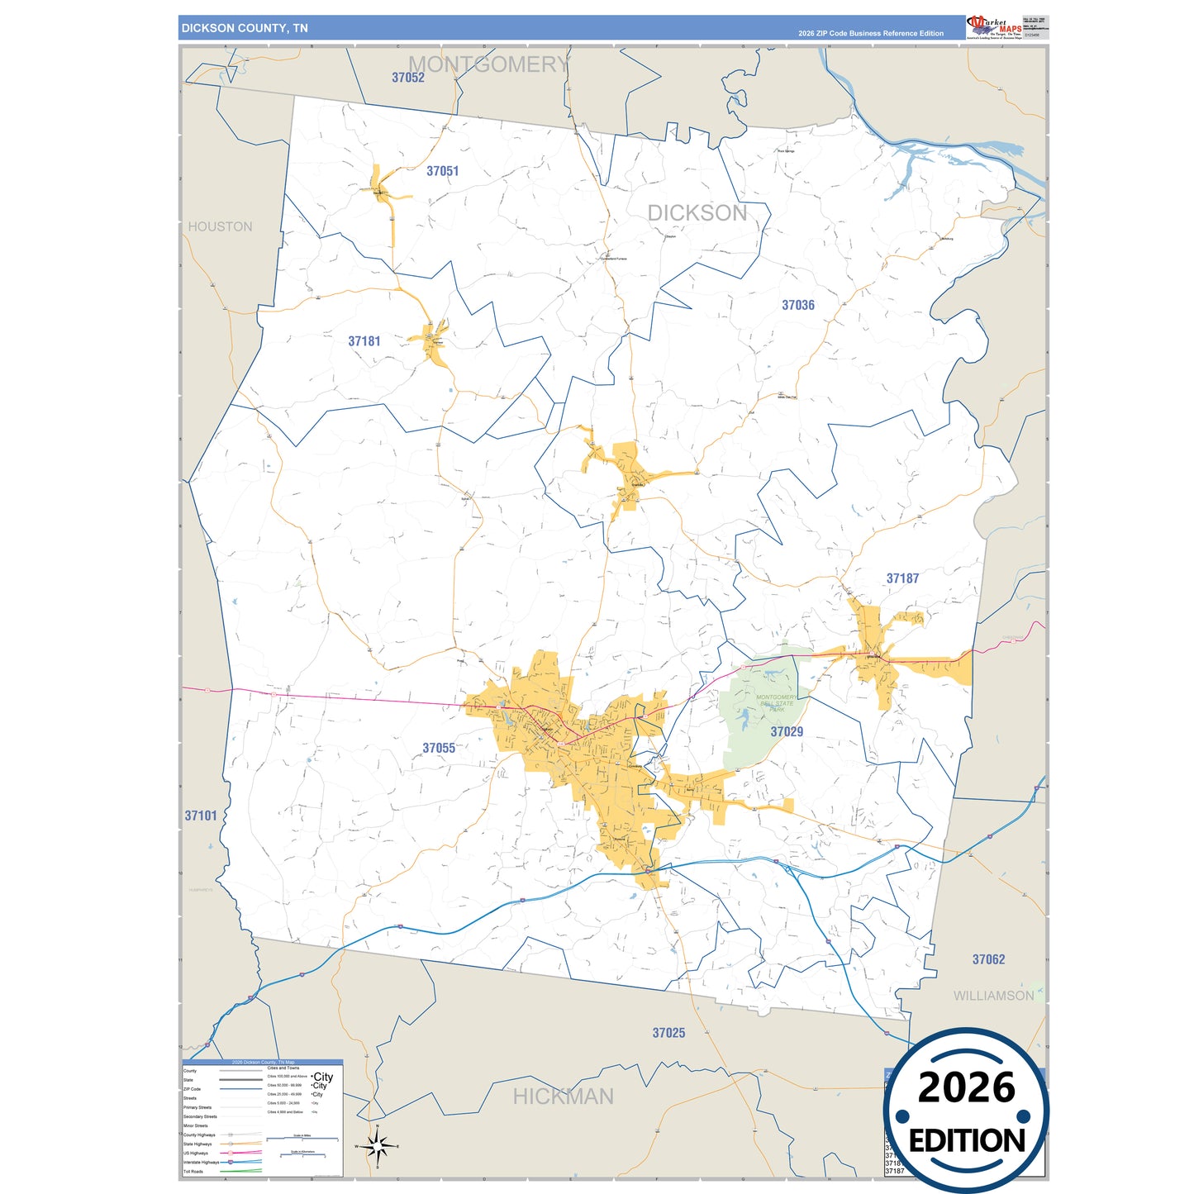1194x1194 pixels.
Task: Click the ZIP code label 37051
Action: pos(442,171)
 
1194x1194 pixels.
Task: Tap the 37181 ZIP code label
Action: pos(364,341)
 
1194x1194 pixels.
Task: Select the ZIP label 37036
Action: pos(798,305)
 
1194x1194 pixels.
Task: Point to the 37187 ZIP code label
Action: pos(902,578)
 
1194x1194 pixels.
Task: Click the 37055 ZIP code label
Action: pos(439,748)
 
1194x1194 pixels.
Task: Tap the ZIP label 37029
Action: pos(787,731)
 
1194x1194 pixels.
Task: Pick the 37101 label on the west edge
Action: pos(201,816)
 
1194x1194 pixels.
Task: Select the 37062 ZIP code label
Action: pos(988,959)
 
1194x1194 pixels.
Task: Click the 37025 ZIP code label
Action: pos(668,1033)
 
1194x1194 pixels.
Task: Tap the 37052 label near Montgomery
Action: pos(408,78)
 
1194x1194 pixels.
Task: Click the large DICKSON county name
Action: pos(697,213)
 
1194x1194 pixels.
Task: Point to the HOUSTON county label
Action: pos(220,226)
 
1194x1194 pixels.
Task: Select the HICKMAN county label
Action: pos(563,1096)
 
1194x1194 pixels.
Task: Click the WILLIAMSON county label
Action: pos(993,996)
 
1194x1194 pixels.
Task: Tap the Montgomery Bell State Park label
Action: pos(776,703)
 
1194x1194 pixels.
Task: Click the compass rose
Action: pos(377,1146)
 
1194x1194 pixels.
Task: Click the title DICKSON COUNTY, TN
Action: pos(245,28)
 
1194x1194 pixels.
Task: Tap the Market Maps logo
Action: pos(995,27)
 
